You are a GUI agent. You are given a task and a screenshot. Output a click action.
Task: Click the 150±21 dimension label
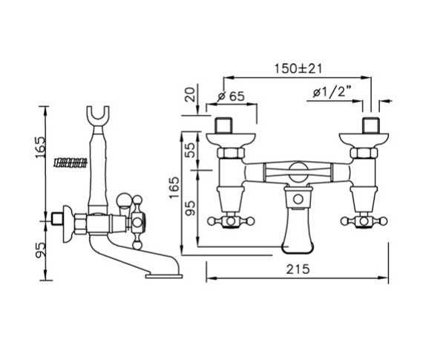coord(298,68)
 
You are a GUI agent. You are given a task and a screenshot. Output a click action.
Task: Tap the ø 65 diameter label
coord(231,96)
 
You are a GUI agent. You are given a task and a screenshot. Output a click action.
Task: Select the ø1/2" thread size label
coord(332,93)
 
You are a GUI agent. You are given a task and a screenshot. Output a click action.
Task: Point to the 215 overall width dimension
coord(298,269)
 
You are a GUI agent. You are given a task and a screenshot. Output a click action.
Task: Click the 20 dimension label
coord(191,94)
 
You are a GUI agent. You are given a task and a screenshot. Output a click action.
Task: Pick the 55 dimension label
coord(191,150)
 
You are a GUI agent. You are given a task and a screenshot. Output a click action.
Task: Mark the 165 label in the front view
coord(174,188)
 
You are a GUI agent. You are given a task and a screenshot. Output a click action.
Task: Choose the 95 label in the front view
coord(191,209)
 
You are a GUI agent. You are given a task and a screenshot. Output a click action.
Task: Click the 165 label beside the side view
coord(39,148)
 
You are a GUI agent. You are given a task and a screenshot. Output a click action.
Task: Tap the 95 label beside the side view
coord(39,249)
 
